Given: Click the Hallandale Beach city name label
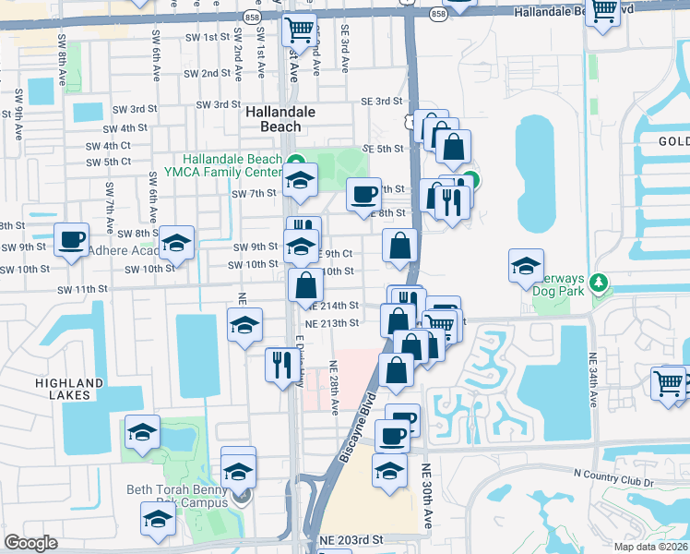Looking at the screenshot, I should (x=280, y=119).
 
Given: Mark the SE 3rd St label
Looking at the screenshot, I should (x=383, y=102).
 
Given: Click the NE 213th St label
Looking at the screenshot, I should (x=331, y=322).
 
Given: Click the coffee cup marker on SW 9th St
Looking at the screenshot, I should (x=71, y=241).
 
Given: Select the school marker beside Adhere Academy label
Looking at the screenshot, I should (x=176, y=244).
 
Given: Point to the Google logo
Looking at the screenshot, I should (x=30, y=543).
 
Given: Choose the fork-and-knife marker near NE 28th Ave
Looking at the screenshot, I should (x=280, y=364).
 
